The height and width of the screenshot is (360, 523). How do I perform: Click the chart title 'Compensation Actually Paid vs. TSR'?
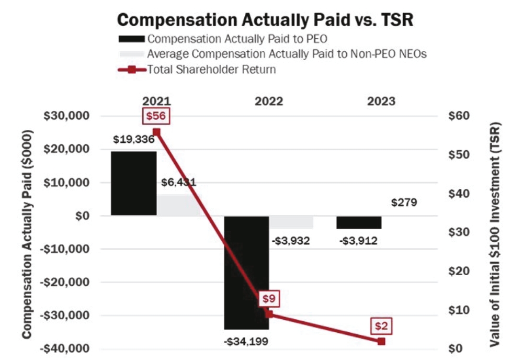click(266, 20)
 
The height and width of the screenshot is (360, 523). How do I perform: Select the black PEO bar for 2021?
click(134, 183)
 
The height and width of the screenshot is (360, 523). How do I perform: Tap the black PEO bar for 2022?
click(246, 272)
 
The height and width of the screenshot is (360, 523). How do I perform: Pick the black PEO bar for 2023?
click(359, 222)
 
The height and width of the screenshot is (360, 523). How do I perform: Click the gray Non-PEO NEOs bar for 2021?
click(179, 205)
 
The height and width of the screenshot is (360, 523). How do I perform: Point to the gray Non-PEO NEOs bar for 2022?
click(291, 222)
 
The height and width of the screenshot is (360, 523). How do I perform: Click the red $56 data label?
click(156, 116)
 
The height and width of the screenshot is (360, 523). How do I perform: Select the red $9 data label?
click(268, 299)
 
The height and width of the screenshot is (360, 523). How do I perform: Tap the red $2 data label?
click(381, 326)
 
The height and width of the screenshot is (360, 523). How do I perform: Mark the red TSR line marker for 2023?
click(381, 341)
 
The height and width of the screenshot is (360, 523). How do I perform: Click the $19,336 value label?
click(134, 140)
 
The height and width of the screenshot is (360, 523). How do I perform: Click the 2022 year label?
click(269, 102)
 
